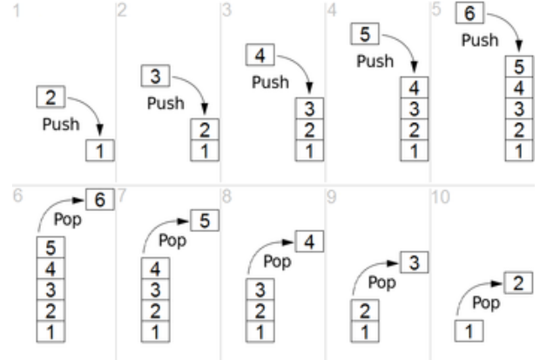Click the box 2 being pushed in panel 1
(x=51, y=97)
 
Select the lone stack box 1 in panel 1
(x=100, y=151)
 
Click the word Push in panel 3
(x=270, y=81)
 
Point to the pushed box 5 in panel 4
(x=366, y=35)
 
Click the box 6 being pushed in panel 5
(x=470, y=16)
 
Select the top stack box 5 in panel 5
(x=519, y=67)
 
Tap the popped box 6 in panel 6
(x=100, y=200)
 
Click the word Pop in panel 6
(x=68, y=219)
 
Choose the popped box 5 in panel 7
(x=205, y=221)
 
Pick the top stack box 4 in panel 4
(x=415, y=88)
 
